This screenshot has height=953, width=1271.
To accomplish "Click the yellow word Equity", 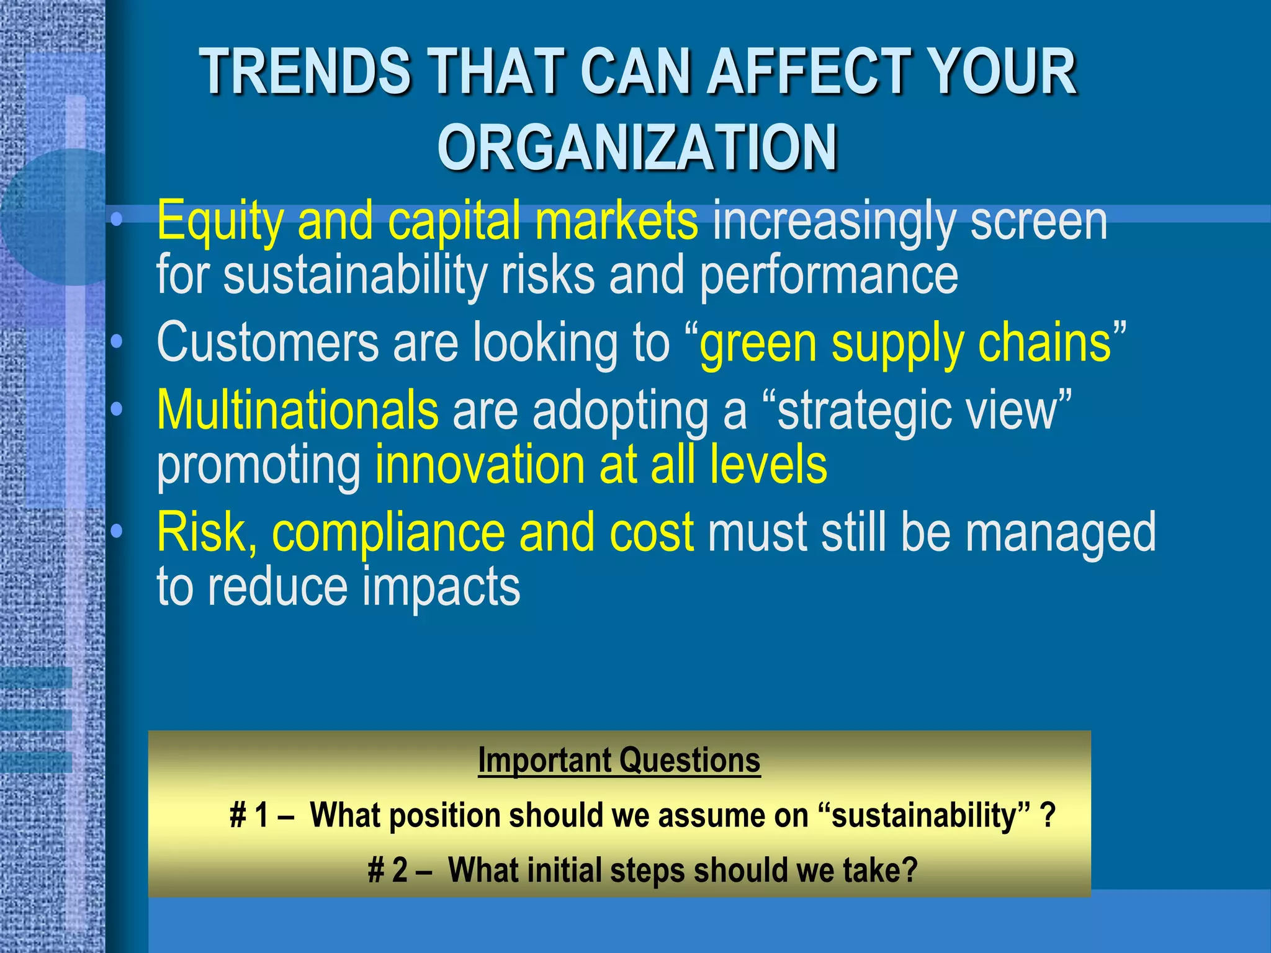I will coord(220,221).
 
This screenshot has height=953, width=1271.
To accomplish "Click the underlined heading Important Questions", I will coord(619,761).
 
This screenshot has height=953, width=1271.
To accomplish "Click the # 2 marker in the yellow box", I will coord(387,870).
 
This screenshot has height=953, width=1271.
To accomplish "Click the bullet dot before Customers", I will coord(117,342).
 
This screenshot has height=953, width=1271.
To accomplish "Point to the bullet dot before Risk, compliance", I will coord(117,532).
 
